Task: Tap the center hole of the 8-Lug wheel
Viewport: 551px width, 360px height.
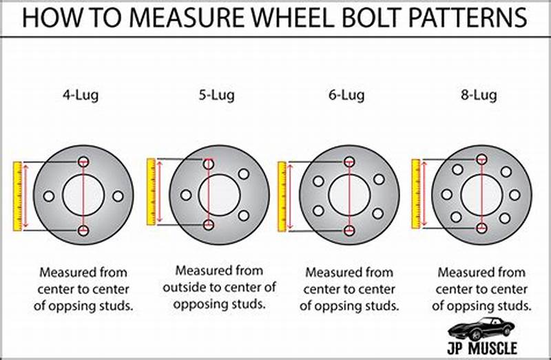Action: click(481, 195)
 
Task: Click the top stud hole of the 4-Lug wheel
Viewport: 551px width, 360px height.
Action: click(83, 162)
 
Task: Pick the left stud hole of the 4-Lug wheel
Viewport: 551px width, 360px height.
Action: click(48, 196)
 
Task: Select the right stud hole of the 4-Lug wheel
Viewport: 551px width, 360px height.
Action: click(118, 196)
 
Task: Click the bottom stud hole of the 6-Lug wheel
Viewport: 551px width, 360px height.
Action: click(349, 230)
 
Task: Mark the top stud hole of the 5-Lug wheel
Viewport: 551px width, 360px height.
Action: click(209, 164)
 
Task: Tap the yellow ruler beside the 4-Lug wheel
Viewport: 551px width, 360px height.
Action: click(18, 196)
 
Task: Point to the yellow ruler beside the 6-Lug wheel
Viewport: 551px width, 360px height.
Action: click(282, 196)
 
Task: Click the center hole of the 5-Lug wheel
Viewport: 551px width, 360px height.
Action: click(219, 195)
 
